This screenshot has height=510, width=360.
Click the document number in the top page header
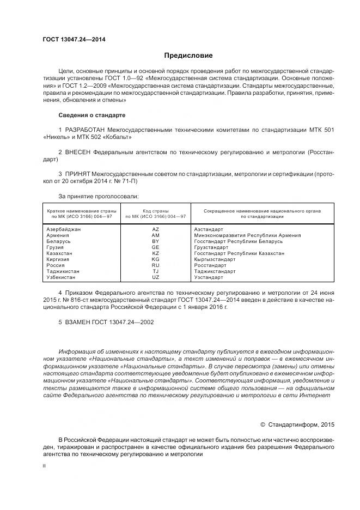coord(74,39)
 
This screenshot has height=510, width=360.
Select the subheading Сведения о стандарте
coord(91,116)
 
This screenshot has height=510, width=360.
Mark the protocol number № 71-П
coord(126,180)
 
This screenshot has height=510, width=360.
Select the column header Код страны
coord(156,210)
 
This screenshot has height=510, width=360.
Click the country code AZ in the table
coord(156,229)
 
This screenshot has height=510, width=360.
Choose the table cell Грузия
coord(56,247)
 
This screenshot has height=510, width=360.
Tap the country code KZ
coord(156,253)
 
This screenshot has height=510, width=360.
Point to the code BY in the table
coord(156,241)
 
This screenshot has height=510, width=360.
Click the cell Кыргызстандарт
coord(215,259)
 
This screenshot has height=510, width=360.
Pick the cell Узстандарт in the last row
coord(209,277)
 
